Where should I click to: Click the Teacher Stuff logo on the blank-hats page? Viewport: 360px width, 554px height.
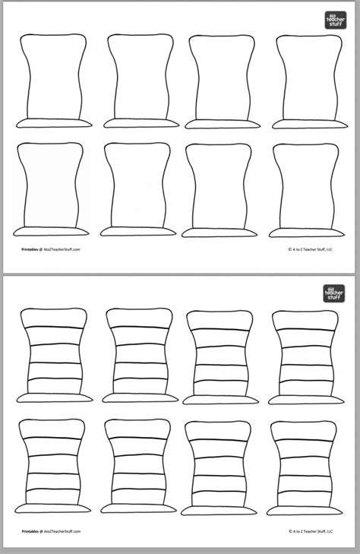334,20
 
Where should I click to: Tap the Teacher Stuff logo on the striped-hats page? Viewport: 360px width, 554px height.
334,293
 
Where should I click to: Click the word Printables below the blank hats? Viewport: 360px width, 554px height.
31,249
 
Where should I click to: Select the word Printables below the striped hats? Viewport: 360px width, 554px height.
31,533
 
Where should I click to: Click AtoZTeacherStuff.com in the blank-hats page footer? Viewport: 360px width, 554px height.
63,249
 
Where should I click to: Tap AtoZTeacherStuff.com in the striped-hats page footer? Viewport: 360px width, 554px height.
63,533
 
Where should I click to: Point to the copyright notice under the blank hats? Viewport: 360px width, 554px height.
315,249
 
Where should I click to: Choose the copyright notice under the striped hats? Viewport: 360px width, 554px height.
315,533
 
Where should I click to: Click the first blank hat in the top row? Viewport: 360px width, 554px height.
52,81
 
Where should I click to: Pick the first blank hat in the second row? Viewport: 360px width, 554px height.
52,188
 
